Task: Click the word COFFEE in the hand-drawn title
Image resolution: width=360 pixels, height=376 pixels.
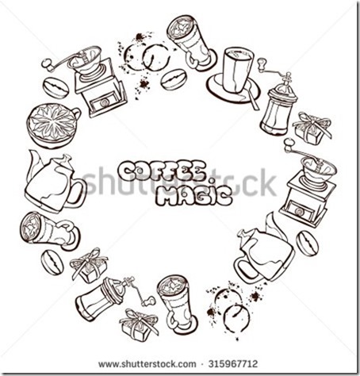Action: click(162, 171)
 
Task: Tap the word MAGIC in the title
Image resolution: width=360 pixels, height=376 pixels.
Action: click(193, 196)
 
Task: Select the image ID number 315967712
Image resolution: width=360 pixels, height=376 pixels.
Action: click(233, 364)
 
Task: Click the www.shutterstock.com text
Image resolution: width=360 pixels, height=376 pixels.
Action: click(147, 364)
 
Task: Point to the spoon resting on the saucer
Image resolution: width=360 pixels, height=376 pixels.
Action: click(251, 97)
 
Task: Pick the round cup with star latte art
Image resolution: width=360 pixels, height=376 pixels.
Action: click(54, 125)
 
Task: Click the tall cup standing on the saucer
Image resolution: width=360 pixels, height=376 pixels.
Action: click(237, 71)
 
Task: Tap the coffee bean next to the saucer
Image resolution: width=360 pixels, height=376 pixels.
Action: click(174, 79)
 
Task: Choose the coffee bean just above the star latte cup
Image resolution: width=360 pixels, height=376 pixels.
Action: click(56, 88)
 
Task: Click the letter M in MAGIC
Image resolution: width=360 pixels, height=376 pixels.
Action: click(167, 197)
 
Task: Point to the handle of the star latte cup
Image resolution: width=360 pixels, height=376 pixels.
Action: click(77, 113)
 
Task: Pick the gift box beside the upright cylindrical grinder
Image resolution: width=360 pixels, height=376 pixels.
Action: click(312, 129)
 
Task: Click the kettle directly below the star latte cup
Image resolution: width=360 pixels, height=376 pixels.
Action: click(55, 183)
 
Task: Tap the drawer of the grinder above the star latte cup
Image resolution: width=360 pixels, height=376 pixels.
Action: click(104, 102)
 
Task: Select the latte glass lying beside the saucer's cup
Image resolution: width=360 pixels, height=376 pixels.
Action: click(191, 43)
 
